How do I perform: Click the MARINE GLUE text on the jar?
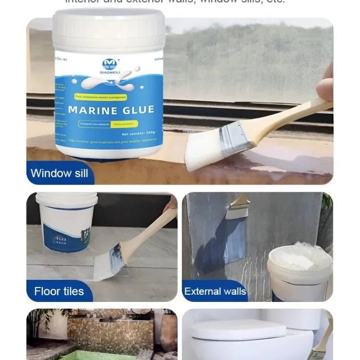click(111, 110)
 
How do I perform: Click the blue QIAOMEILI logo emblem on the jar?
click(109, 64)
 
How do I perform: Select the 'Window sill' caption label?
click(59, 173)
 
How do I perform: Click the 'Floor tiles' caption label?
click(59, 291)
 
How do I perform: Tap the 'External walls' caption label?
click(216, 291)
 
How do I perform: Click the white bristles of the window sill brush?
click(202, 151)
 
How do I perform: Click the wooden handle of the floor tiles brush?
click(148, 232)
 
